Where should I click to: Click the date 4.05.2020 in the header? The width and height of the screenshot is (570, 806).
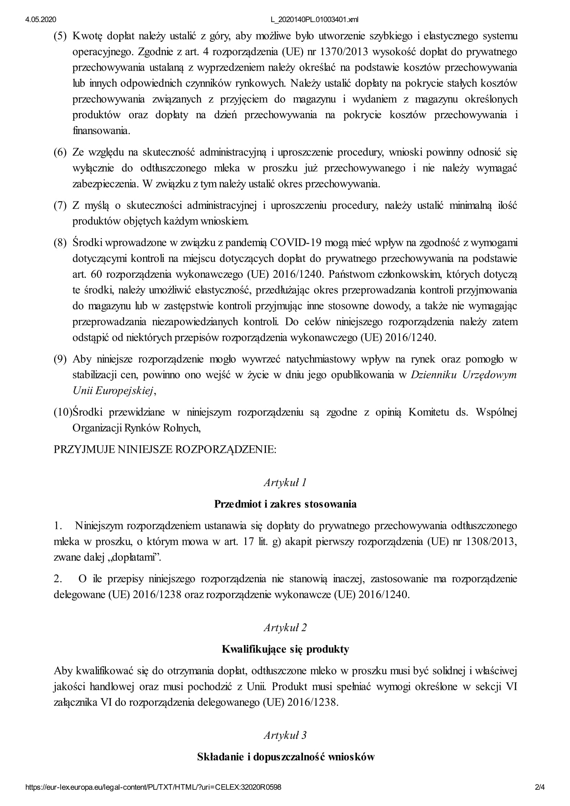pos(40,20)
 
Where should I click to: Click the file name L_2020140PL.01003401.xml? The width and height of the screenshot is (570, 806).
pos(314,20)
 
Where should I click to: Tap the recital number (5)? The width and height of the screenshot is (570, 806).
pos(60,36)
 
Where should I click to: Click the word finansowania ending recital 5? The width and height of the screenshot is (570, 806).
pos(101,131)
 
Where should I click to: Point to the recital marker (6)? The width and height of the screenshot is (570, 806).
pos(60,152)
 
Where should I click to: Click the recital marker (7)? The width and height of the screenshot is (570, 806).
pos(60,205)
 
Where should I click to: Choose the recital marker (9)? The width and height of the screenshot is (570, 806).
pos(60,359)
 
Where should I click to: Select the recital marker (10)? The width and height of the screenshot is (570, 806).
pos(62,412)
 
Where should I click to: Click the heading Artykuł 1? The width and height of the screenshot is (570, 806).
pos(285,483)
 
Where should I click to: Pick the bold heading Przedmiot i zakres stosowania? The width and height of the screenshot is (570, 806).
pos(285,504)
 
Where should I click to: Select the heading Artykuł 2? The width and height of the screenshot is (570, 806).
pos(285,628)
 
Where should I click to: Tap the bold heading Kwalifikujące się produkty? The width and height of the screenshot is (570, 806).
pos(285,649)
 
